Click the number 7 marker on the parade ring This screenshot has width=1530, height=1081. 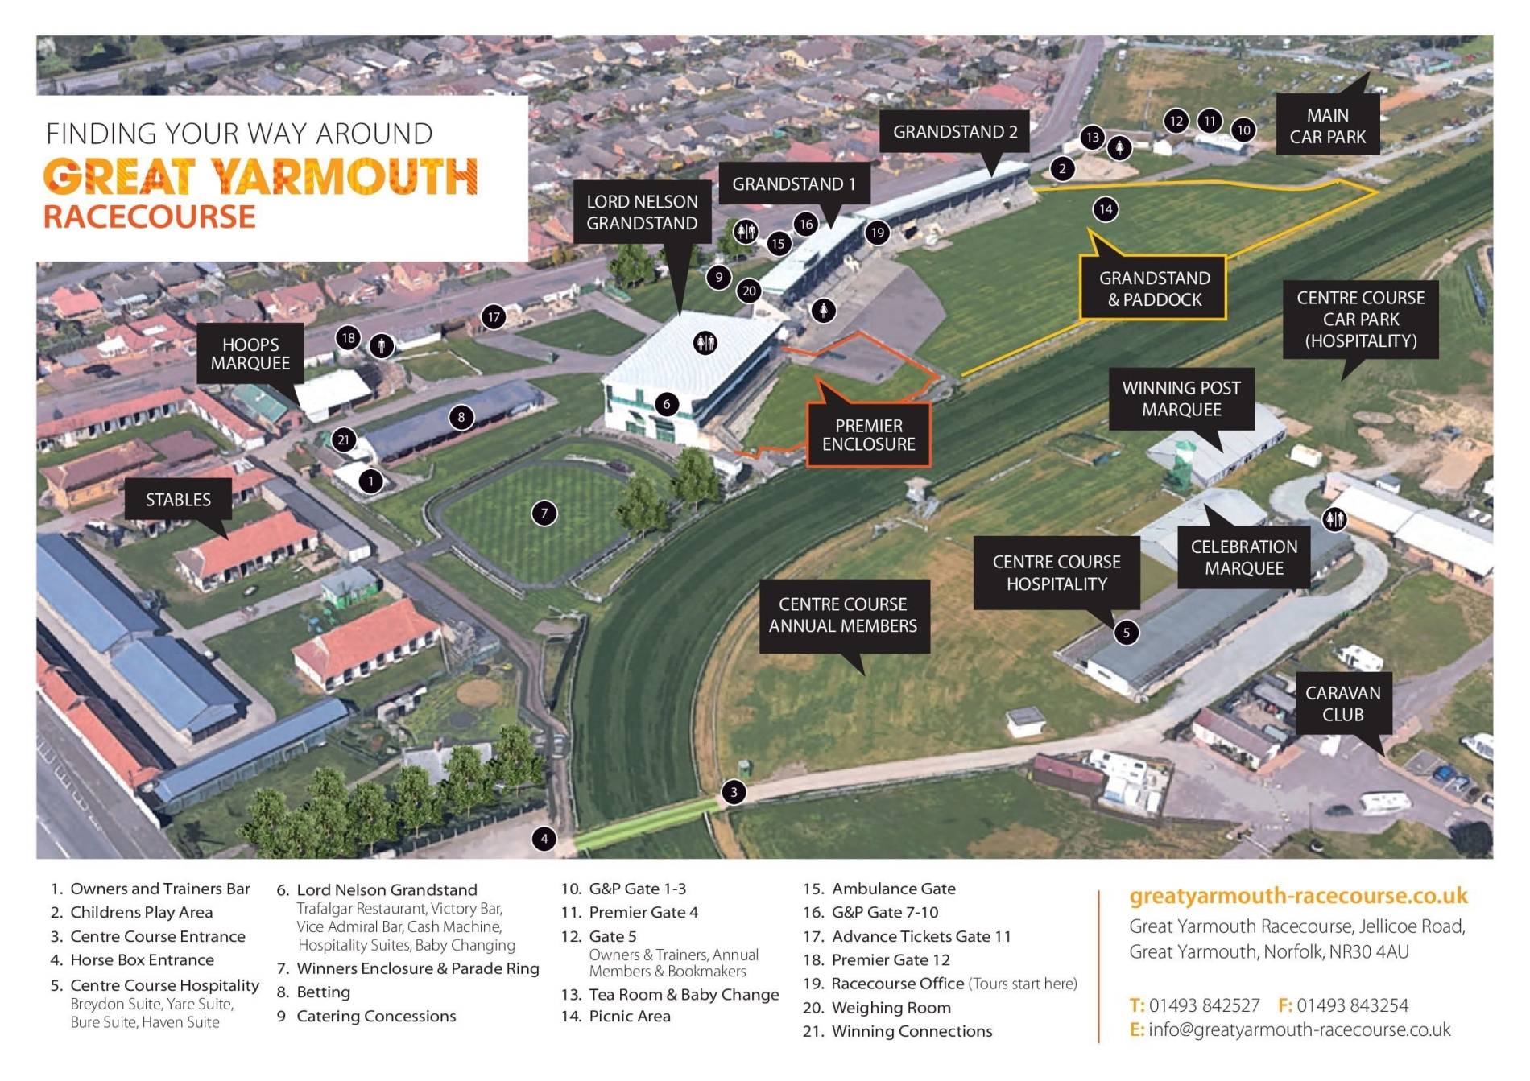click(x=544, y=513)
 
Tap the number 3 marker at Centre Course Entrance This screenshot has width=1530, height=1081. click(x=734, y=792)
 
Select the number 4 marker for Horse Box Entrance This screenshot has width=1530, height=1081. click(x=544, y=839)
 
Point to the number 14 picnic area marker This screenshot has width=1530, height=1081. click(x=1106, y=209)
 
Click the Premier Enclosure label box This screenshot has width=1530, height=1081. click(x=868, y=435)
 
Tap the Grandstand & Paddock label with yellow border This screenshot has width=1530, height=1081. click(x=1154, y=288)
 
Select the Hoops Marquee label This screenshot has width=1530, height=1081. click(x=250, y=354)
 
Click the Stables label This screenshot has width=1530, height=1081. click(x=178, y=500)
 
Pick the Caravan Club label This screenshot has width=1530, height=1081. click(x=1342, y=703)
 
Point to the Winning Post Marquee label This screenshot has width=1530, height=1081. click(x=1181, y=398)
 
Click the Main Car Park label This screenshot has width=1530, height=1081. click(x=1327, y=126)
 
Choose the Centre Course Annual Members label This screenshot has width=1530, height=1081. click(x=843, y=615)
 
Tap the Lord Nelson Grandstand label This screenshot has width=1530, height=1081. click(x=642, y=212)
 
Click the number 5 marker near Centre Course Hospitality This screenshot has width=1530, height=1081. click(x=1126, y=633)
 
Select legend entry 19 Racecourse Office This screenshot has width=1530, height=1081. click(x=939, y=984)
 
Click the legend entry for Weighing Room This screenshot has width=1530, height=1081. click(x=891, y=1008)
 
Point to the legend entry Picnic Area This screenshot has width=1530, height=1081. click(x=629, y=1017)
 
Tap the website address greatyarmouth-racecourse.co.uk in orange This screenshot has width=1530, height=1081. click(x=1298, y=896)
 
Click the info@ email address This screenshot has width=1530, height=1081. click(x=1299, y=1030)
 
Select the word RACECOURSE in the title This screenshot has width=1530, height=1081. click(x=150, y=217)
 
